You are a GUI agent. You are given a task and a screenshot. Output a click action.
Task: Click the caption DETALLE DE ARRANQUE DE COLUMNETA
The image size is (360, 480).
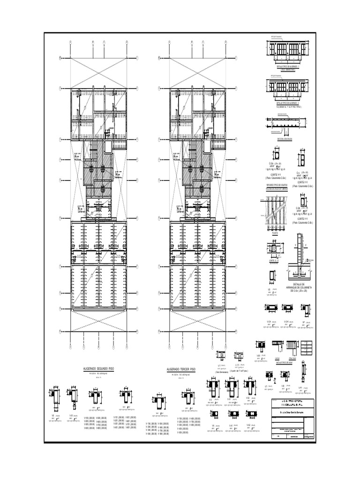299,287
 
